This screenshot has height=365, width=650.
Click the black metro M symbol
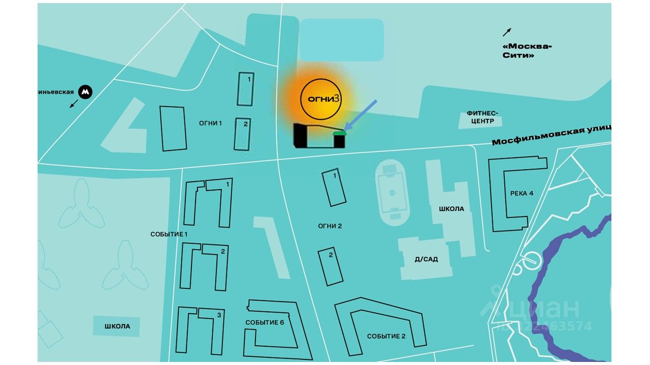pyautogui.click(x=85, y=92)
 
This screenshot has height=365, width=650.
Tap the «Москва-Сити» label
pyautogui.click(x=527, y=51)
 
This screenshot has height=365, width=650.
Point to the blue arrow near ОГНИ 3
pyautogui.click(x=361, y=115)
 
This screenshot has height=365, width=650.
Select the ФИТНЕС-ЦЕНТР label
pyautogui.click(x=482, y=118)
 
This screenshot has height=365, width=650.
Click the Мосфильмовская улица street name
pyautogui.click(x=551, y=135)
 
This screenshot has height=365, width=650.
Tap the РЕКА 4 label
pyautogui.click(x=522, y=193)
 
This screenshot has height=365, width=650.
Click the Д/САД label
pyautogui.click(x=426, y=259)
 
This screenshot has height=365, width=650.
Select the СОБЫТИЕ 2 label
pyautogui.click(x=386, y=336)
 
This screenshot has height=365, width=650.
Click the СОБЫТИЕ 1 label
pyautogui.click(x=169, y=234)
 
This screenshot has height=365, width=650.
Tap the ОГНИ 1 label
pyautogui.click(x=211, y=123)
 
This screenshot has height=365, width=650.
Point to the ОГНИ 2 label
pyautogui.click(x=330, y=226)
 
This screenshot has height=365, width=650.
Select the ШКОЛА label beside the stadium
pyautogui.click(x=451, y=209)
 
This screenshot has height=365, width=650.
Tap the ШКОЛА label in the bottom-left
pyautogui.click(x=117, y=326)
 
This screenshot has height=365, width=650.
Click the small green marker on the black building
pyautogui.click(x=339, y=133)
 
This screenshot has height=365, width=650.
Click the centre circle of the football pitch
pyautogui.click(x=392, y=193)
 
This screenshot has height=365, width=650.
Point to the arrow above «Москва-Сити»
pyautogui.click(x=507, y=32)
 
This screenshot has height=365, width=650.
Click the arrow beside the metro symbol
pyautogui.click(x=74, y=104)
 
